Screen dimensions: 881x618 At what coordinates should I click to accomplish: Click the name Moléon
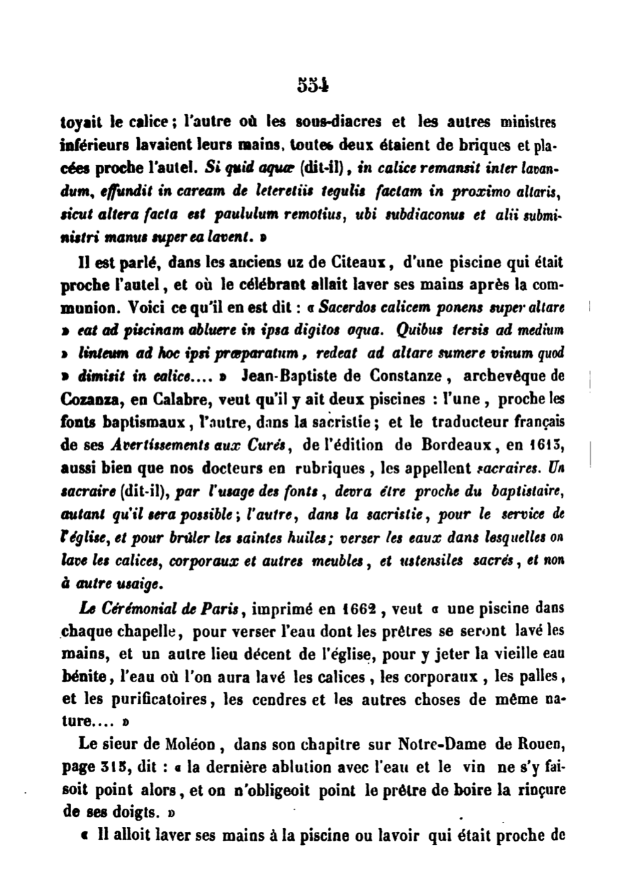pyautogui.click(x=189, y=744)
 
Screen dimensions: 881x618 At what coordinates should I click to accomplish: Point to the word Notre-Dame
pyautogui.click(x=443, y=744)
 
